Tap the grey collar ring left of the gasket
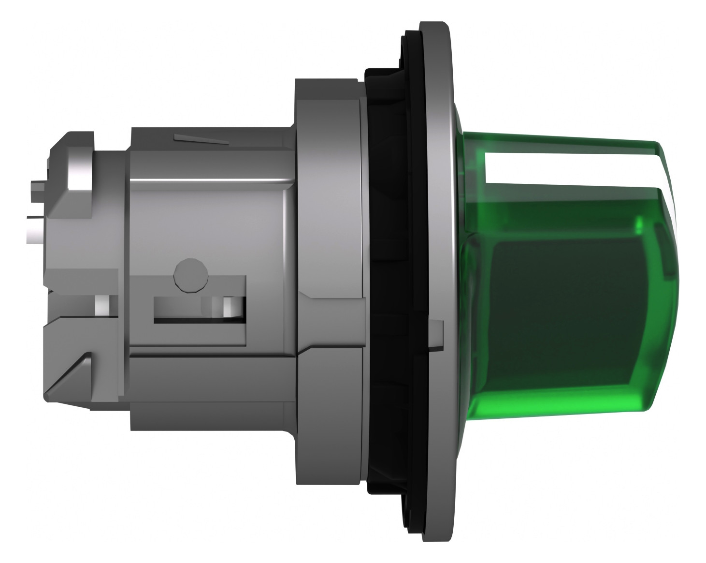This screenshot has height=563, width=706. (x=329, y=193)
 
